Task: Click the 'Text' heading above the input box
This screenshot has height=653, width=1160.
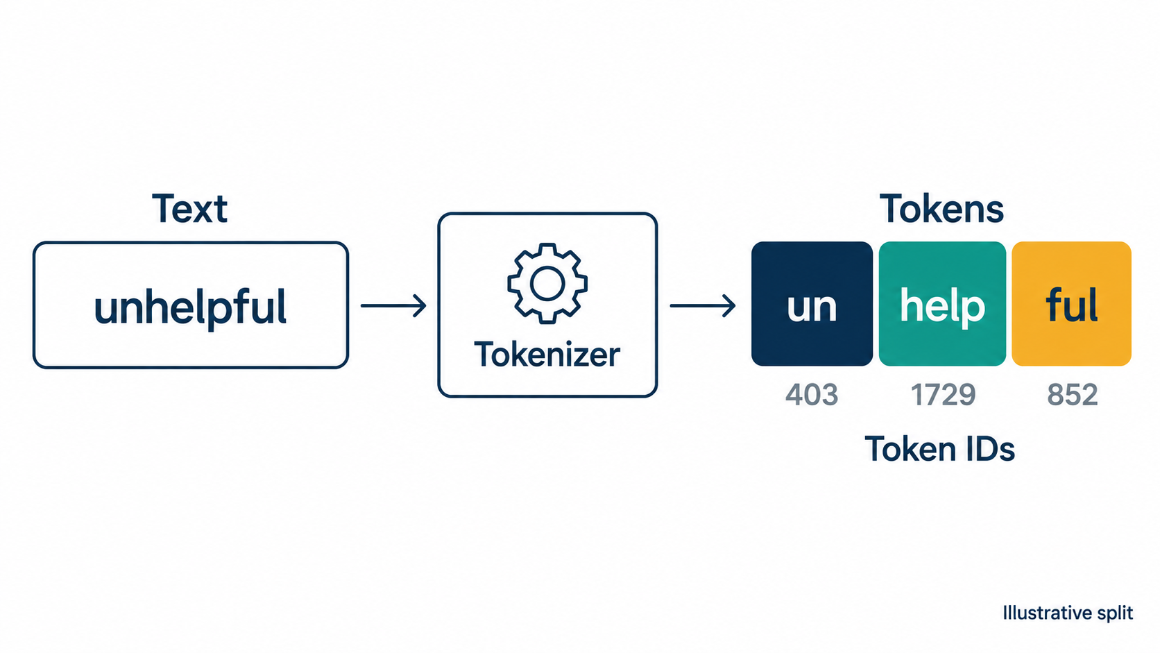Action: pos(189,209)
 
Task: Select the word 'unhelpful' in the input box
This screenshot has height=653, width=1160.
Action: pos(190,307)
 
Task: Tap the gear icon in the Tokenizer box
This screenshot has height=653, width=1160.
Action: pos(547,283)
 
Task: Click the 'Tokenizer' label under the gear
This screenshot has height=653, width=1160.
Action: pos(547,355)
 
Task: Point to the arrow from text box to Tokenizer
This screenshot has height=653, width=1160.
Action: pos(393,305)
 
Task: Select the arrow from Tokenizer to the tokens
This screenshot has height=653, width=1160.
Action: pos(703,305)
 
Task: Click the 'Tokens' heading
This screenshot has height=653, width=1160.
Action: pos(941,209)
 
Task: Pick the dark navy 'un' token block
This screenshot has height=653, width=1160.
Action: pos(812,304)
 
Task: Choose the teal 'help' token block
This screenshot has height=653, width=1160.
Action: pos(942,304)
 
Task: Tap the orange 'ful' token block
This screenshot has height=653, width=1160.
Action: pos(1071,304)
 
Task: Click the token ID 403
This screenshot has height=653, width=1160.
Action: pos(812,395)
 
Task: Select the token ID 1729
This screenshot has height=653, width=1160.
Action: pos(943,395)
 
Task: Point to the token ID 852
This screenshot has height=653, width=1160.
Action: pos(1073,395)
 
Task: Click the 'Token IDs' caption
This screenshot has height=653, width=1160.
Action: pos(940,448)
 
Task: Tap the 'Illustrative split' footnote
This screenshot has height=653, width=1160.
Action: pos(1068,613)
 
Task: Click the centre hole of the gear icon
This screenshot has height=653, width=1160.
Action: pos(547,283)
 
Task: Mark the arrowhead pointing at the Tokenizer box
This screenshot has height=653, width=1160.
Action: pos(420,305)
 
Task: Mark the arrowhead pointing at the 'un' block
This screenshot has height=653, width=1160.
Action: pos(728,305)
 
